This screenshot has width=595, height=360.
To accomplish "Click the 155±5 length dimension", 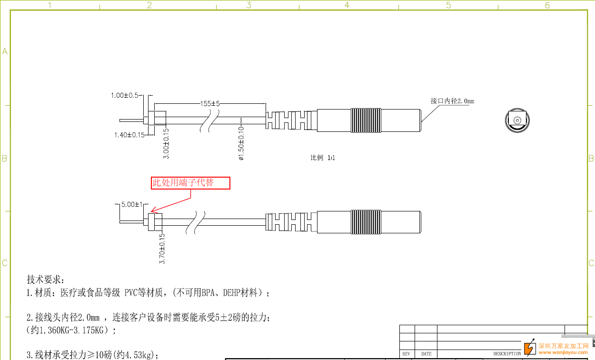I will (x=210, y=103).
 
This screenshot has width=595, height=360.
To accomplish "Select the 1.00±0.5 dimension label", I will (x=124, y=95).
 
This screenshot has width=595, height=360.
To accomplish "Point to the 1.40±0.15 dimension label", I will (x=129, y=135).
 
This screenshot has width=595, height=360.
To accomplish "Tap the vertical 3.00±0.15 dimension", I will (x=166, y=143).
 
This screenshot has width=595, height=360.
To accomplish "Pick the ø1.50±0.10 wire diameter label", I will (x=241, y=143).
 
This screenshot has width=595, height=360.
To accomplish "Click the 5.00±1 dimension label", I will (x=132, y=204).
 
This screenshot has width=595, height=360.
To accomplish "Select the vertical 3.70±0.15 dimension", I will (x=162, y=248).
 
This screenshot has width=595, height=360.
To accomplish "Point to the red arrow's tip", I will (x=152, y=212).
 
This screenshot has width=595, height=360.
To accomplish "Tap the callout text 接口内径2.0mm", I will (x=452, y=101).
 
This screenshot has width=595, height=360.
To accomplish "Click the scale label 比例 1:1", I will (x=323, y=158).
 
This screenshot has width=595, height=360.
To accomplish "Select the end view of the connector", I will (x=517, y=120).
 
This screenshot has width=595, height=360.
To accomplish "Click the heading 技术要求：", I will (x=46, y=279).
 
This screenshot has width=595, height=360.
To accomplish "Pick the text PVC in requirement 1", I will (x=131, y=293).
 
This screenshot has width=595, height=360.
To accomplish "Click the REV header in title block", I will (x=406, y=354).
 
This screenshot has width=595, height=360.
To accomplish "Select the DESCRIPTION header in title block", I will (x=506, y=354).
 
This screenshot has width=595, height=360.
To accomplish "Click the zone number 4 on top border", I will (x=347, y=5).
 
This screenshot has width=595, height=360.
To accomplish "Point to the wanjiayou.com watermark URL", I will (x=563, y=352).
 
